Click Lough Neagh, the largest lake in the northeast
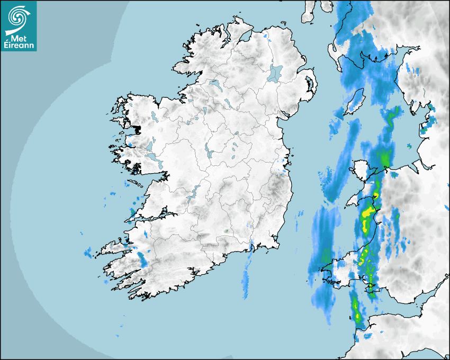point(275,73)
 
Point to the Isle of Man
point(355,101)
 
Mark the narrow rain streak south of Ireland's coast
point(246,275)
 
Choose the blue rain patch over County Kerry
point(142,259)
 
